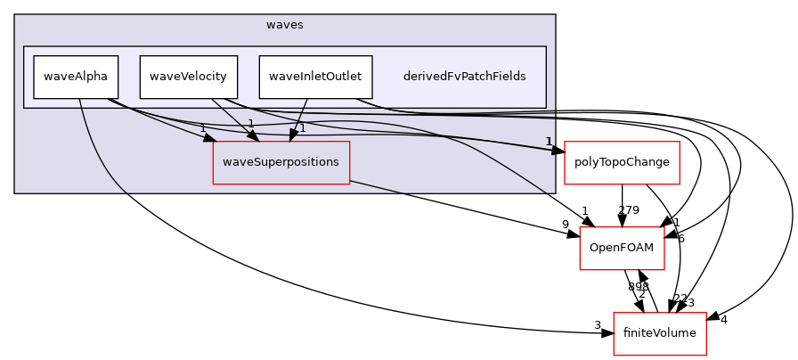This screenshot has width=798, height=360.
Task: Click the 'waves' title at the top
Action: click(x=284, y=25)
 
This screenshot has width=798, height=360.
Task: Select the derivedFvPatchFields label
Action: click(x=464, y=77)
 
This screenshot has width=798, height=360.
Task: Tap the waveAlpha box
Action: click(x=76, y=77)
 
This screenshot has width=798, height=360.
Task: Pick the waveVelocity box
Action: click(x=188, y=77)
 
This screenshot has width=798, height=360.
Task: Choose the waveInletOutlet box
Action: click(x=315, y=77)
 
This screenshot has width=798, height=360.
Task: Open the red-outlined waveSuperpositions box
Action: click(x=281, y=162)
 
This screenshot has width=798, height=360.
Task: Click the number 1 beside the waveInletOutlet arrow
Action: click(x=303, y=128)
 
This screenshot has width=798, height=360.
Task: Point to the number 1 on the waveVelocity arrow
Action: click(x=250, y=124)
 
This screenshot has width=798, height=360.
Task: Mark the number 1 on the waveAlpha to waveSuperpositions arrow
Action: click(x=202, y=128)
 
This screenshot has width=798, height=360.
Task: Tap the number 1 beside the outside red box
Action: click(x=549, y=142)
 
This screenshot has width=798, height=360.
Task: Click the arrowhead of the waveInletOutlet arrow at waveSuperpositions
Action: click(x=293, y=135)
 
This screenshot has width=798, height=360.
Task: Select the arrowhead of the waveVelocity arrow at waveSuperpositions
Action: click(x=253, y=135)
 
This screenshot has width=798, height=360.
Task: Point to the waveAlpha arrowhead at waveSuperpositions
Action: click(x=211, y=138)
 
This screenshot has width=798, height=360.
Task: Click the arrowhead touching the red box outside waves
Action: click(x=558, y=151)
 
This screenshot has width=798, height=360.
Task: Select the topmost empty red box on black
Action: click(x=622, y=163)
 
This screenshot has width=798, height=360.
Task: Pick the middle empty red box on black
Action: click(x=622, y=249)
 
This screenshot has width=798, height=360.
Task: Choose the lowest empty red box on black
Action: click(x=659, y=334)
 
